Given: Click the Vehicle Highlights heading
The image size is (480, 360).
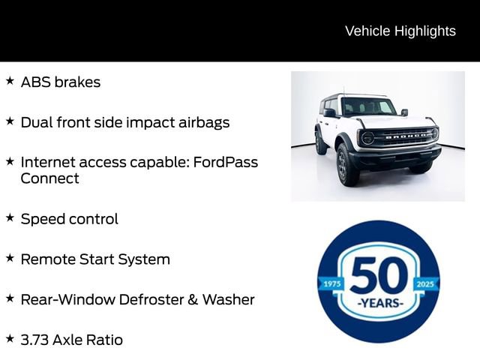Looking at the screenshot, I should coord(400,31).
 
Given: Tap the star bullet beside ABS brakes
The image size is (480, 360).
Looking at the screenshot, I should coord(10,80).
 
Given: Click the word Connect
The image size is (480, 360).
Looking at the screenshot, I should coord(49,178).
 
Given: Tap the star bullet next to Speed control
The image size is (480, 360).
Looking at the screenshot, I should coord(10,217).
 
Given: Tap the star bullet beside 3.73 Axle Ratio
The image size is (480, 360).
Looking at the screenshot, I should coord(10,338).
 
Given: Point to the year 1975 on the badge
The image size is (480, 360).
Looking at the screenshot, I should coord(331,284).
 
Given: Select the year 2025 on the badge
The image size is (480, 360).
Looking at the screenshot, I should coord(424,284).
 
